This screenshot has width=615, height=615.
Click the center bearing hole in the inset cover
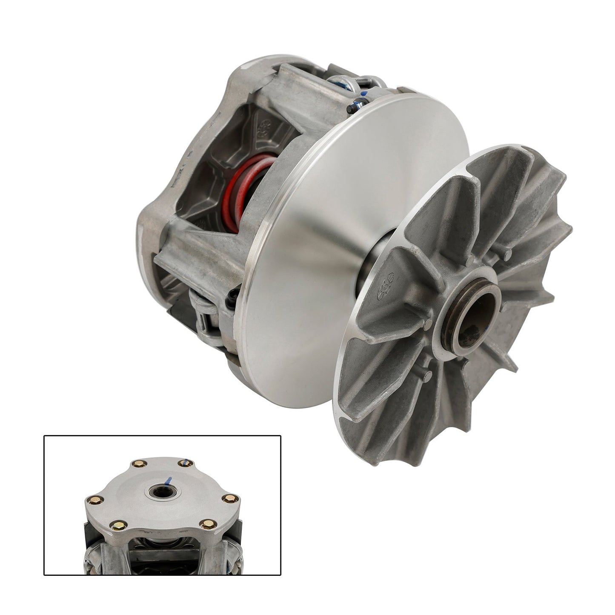tap(163, 492)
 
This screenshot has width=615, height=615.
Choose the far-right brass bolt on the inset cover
tap(232, 498)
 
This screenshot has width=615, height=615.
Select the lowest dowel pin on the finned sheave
tap(429, 375)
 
